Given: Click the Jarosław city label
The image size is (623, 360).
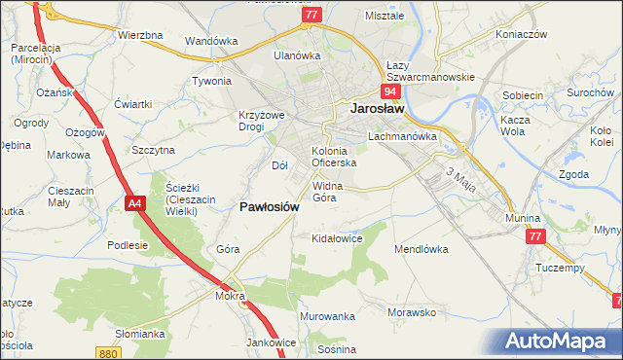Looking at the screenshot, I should (377, 110).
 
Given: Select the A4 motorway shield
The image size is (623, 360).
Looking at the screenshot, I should (135, 202).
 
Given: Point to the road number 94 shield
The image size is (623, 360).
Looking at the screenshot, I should (390, 91).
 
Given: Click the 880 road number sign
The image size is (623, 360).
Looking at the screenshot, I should (108, 353).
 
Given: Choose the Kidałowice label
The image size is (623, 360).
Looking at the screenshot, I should (336, 237).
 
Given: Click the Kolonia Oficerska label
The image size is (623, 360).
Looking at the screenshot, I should (334, 158).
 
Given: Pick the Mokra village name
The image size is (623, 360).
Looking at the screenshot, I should (231, 294).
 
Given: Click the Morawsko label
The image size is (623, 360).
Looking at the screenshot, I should (411, 312).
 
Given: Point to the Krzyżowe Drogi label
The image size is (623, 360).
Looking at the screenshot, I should (260, 121).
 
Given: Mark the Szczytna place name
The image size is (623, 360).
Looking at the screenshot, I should (153, 150).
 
